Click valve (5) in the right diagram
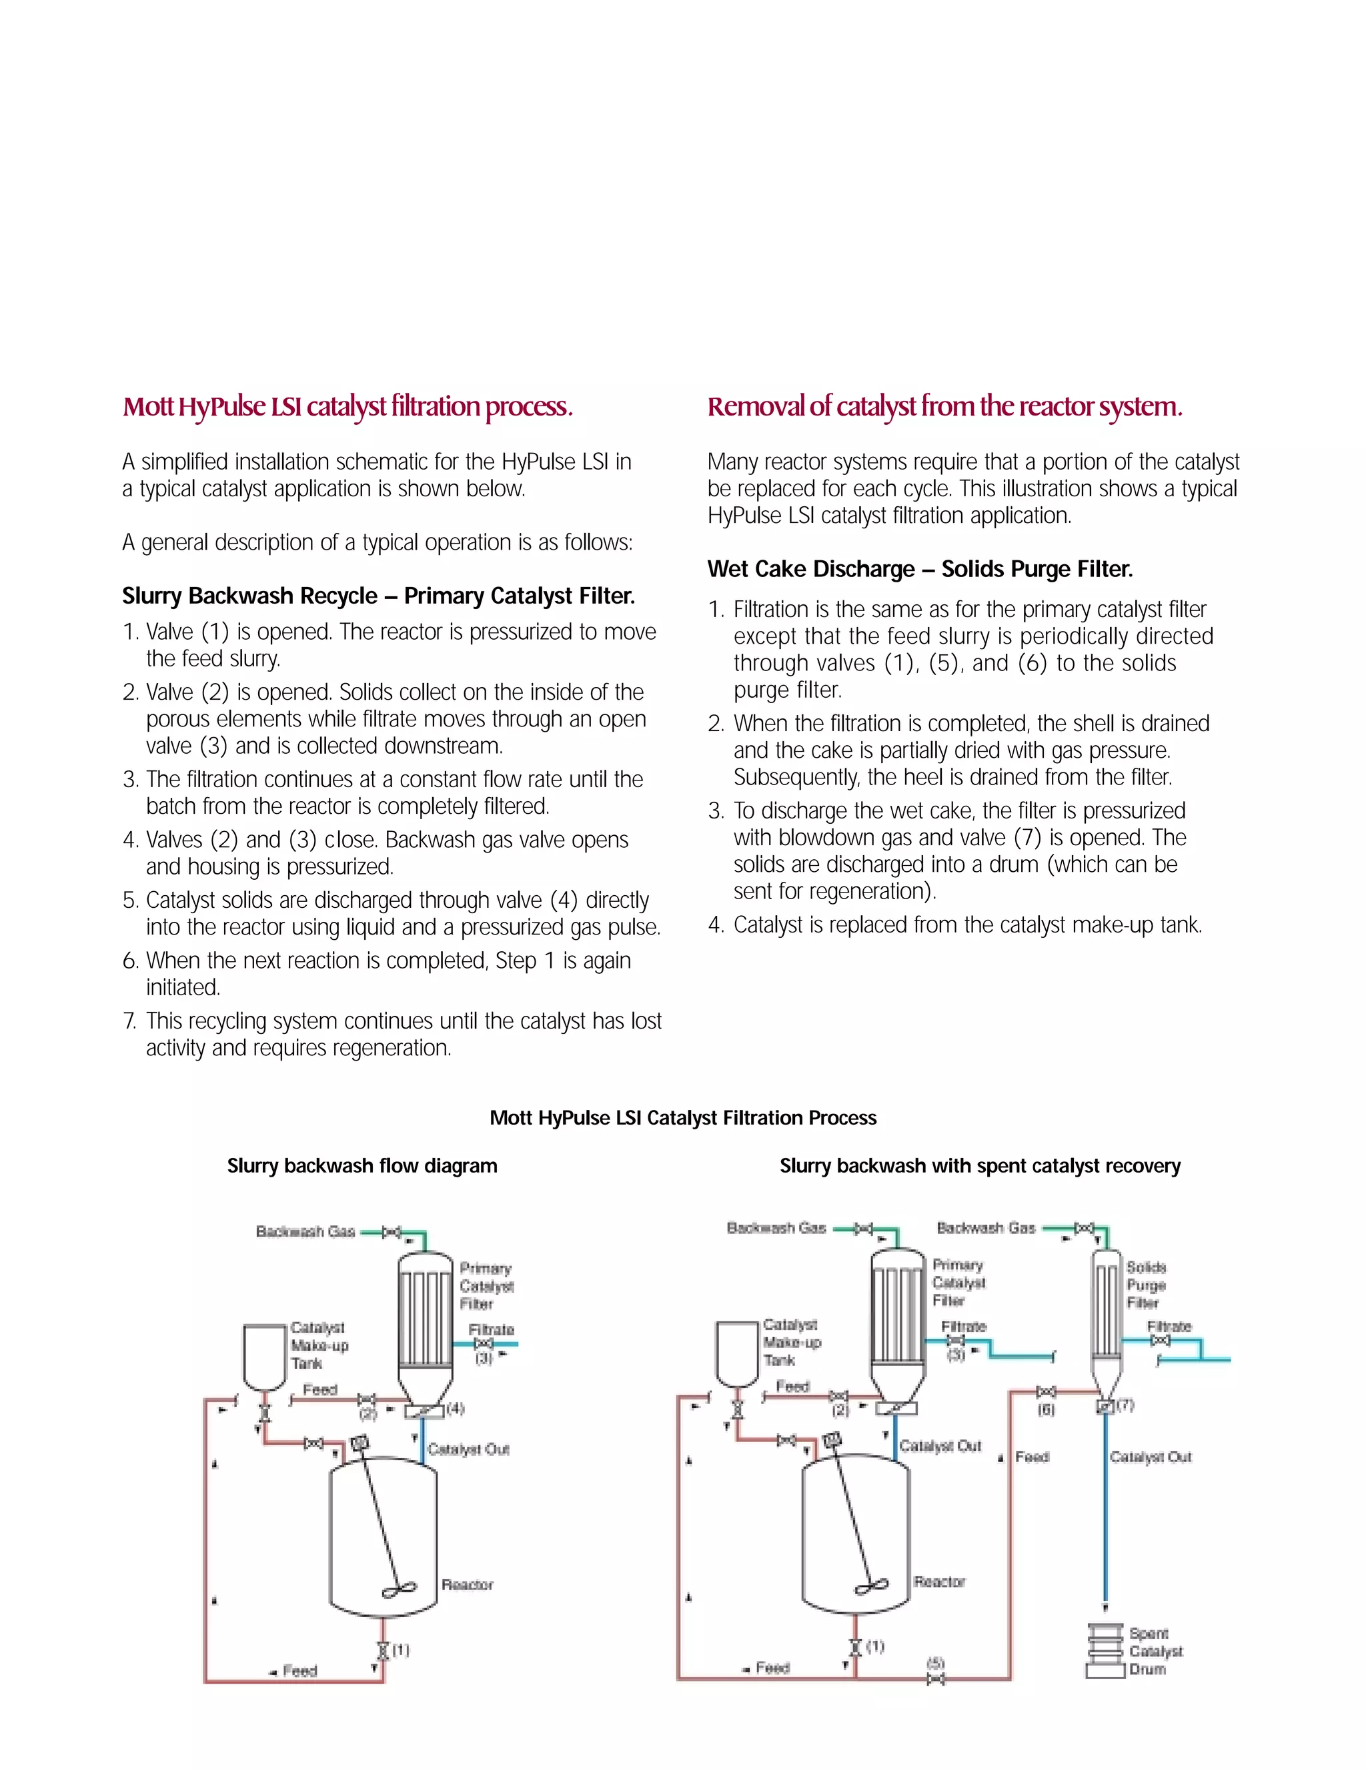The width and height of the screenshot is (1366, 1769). coord(935,1680)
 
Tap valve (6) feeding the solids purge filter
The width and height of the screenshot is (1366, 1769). coord(1046,1391)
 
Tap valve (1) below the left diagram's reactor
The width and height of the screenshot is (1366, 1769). coord(384,1651)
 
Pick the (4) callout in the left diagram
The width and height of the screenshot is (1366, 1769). coord(455,1409)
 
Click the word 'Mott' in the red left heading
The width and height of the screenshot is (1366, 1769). coord(147,407)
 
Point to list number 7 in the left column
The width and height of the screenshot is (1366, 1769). coord(130,1021)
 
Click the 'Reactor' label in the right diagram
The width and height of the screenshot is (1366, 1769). coord(939,1581)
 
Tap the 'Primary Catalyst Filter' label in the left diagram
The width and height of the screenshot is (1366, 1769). coord(486,1285)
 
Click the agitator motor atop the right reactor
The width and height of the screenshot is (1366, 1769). coord(832,1439)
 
